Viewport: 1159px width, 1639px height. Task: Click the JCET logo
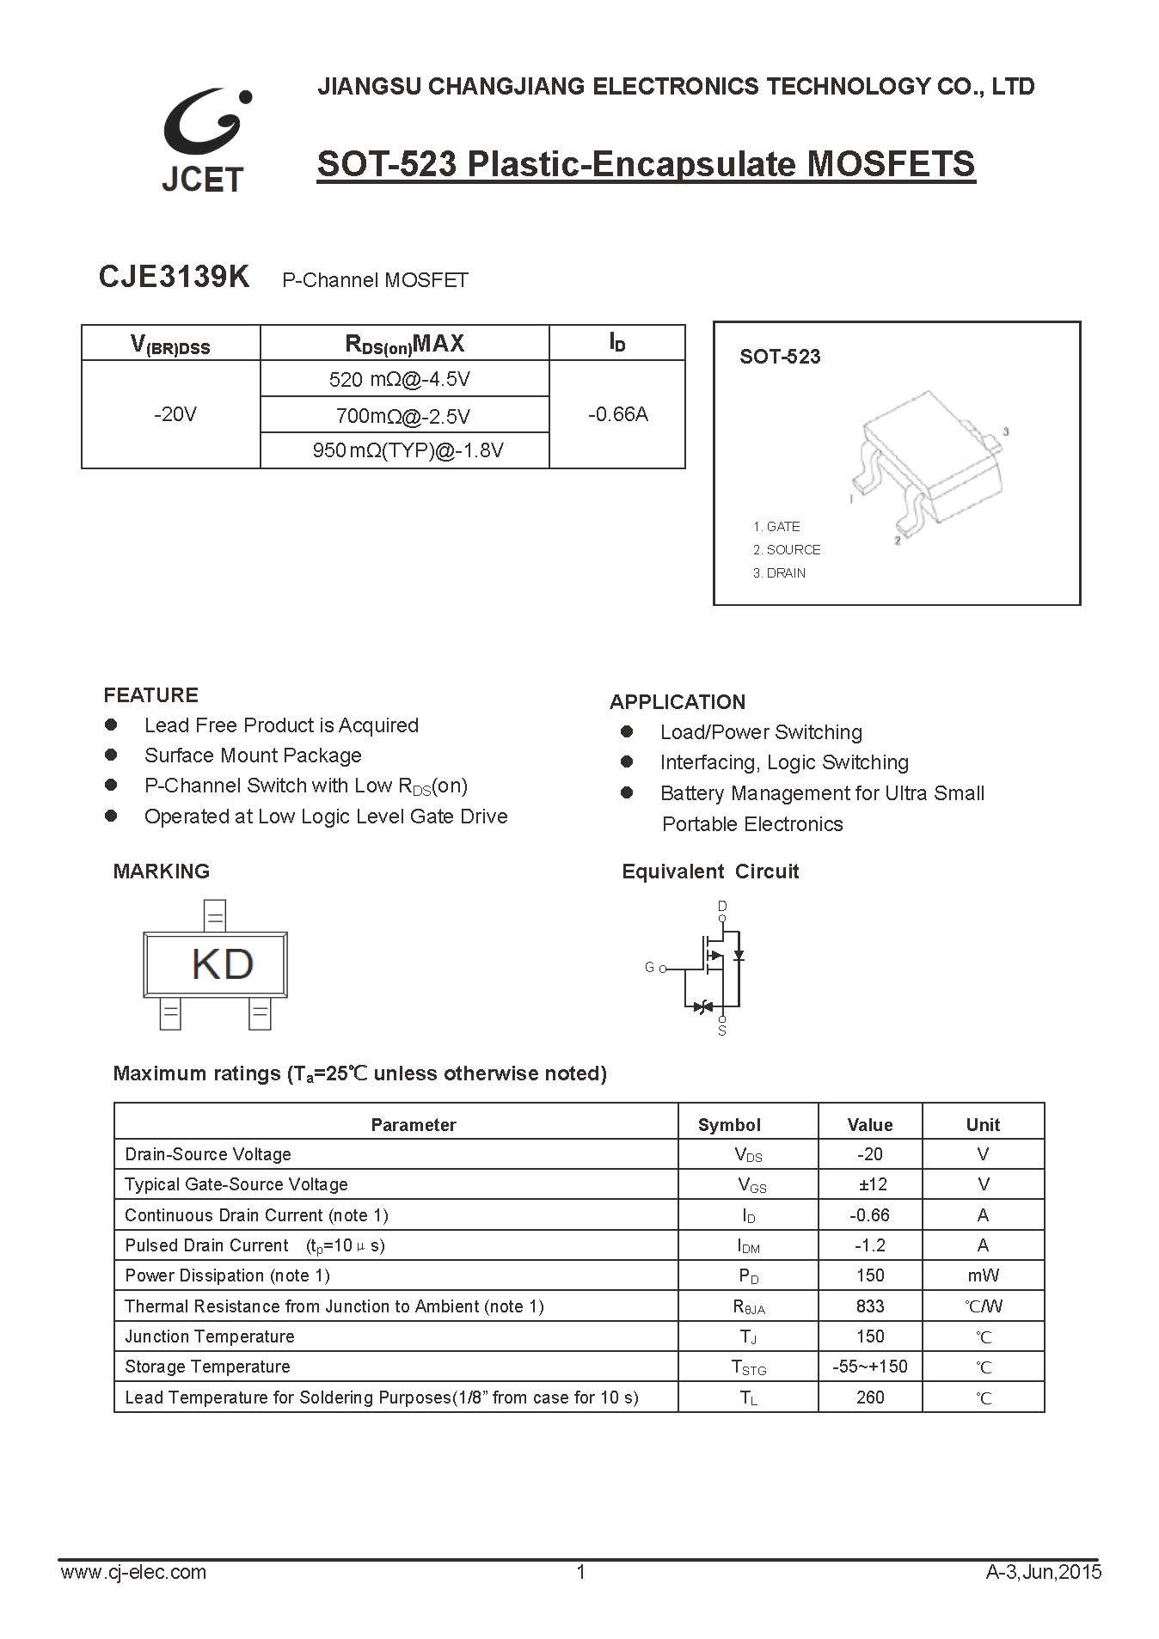pyautogui.click(x=204, y=140)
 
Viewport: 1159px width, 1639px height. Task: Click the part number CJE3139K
pyautogui.click(x=174, y=278)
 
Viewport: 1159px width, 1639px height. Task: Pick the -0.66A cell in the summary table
pyautogui.click(x=617, y=414)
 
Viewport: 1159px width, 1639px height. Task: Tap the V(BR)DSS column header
pyautogui.click(x=170, y=345)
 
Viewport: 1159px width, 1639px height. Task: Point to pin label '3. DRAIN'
pyautogui.click(x=779, y=573)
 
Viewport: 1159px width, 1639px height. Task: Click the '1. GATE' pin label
pyautogui.click(x=776, y=527)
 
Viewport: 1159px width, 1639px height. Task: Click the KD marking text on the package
pyautogui.click(x=222, y=964)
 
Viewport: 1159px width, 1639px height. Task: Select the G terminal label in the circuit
pyautogui.click(x=649, y=968)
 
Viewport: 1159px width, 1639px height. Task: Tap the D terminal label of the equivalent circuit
pyautogui.click(x=722, y=906)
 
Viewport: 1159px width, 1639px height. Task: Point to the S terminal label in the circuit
pyautogui.click(x=722, y=1030)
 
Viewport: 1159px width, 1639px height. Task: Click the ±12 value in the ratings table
pyautogui.click(x=870, y=1184)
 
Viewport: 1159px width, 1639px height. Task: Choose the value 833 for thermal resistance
pyautogui.click(x=870, y=1306)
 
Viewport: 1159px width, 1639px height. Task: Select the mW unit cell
pyautogui.click(x=983, y=1275)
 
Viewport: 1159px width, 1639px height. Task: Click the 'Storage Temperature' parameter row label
pyautogui.click(x=207, y=1367)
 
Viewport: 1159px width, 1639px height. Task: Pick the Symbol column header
pyautogui.click(x=729, y=1125)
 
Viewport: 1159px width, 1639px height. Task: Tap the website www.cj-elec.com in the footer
pyautogui.click(x=133, y=1572)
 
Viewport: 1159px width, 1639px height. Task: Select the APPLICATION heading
pyautogui.click(x=678, y=702)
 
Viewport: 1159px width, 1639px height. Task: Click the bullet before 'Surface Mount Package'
pyautogui.click(x=110, y=755)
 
